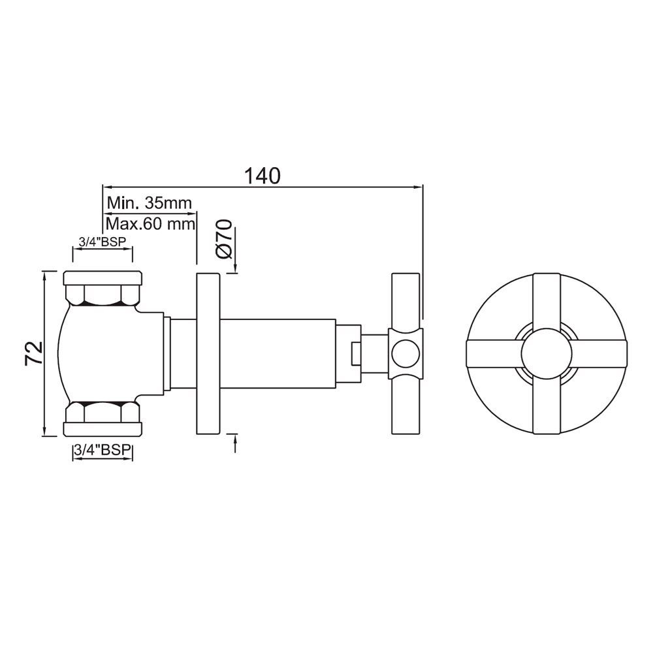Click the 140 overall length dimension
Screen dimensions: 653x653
(x=262, y=176)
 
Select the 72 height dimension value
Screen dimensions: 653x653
(x=33, y=353)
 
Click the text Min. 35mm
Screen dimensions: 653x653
(x=150, y=202)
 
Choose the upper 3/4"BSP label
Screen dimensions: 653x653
(x=101, y=242)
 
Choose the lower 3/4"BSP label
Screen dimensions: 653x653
(x=101, y=451)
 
